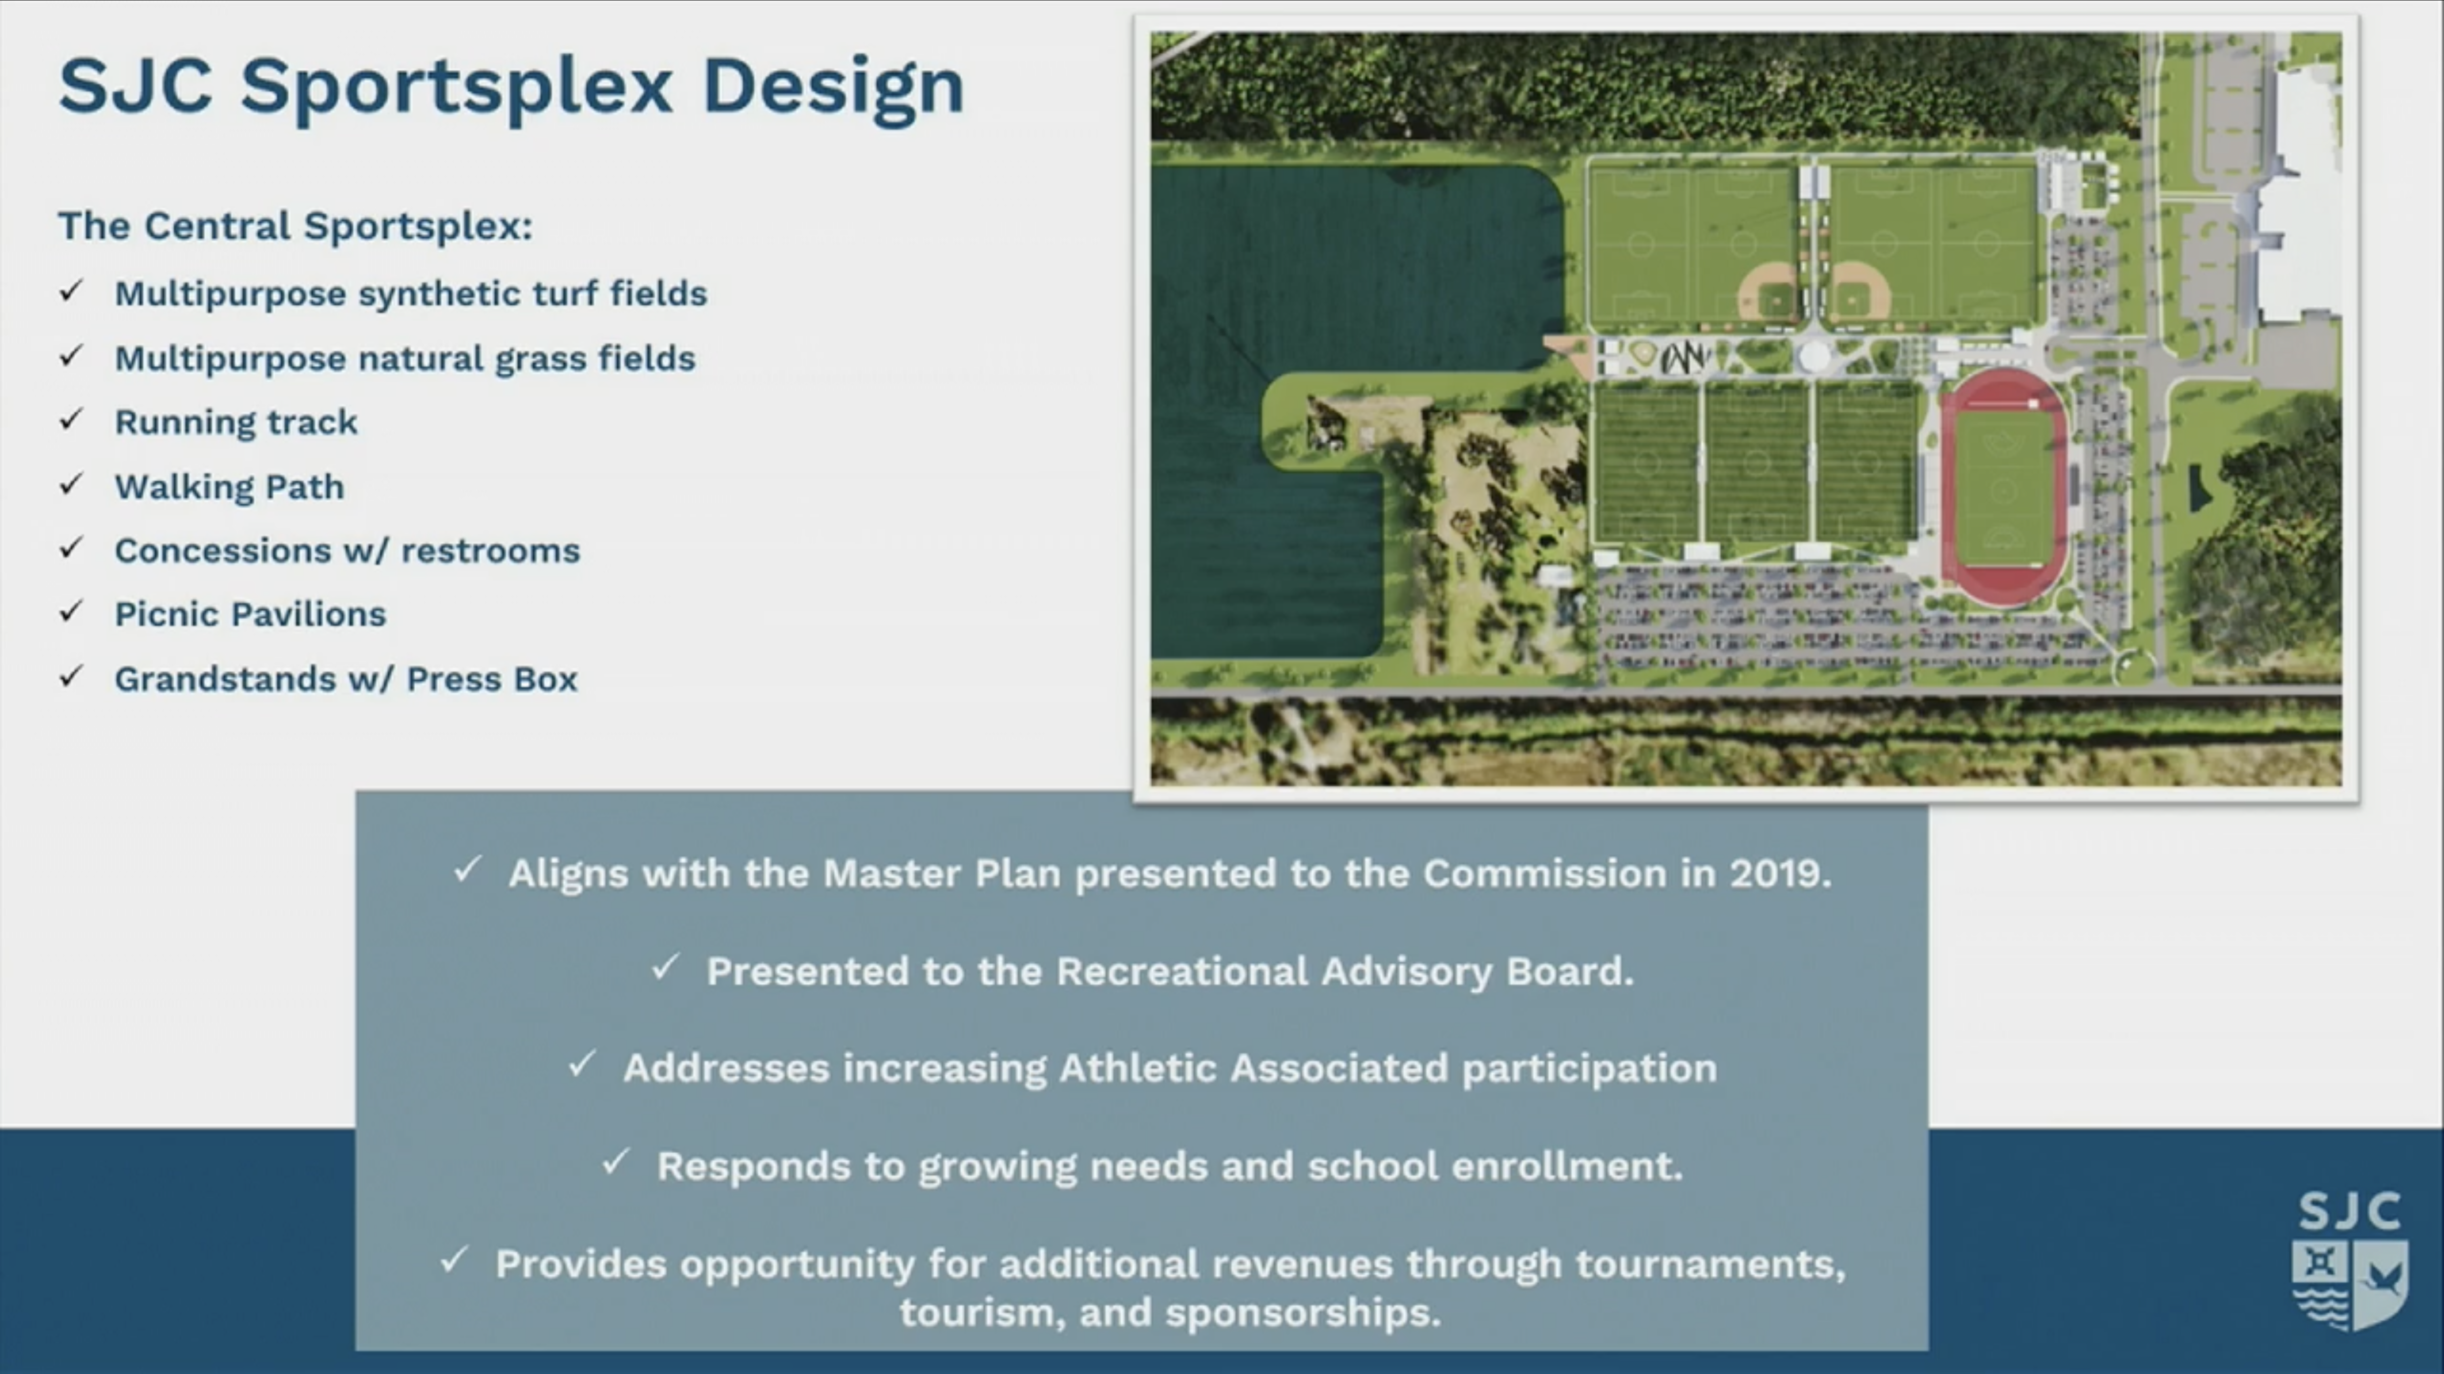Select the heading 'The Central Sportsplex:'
295,226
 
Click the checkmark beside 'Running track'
71,419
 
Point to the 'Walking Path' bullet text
230,487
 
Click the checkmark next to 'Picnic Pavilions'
71,612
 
